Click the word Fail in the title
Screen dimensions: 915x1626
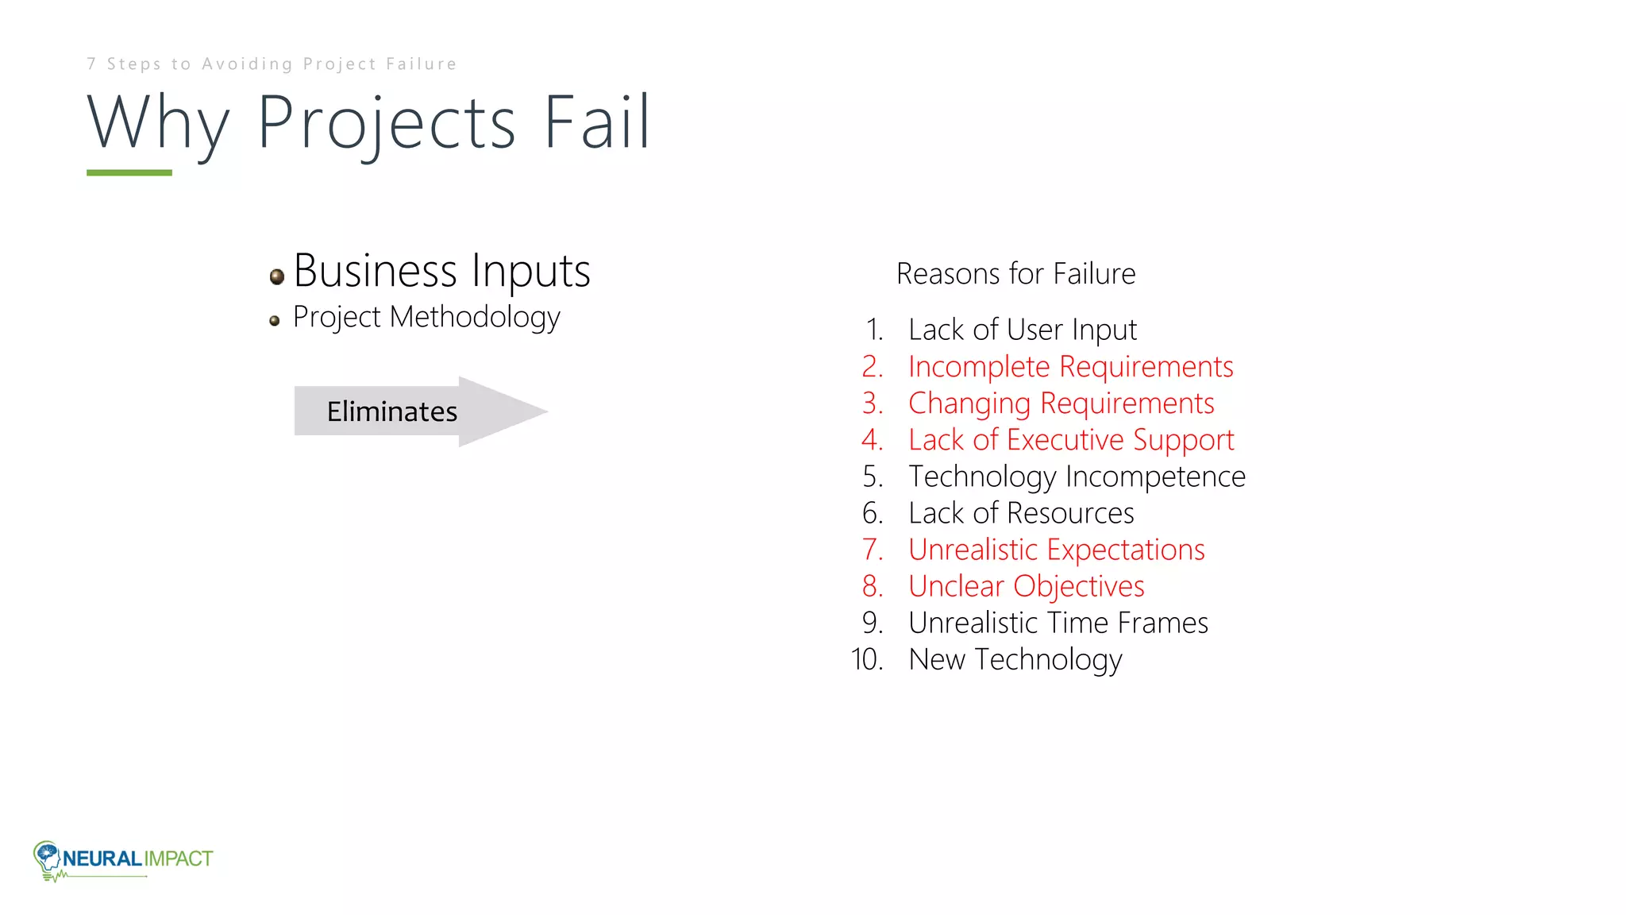coord(597,123)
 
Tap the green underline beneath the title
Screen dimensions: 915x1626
coord(129,172)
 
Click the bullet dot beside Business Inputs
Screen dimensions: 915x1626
coord(277,276)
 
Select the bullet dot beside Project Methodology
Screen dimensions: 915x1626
coord(275,321)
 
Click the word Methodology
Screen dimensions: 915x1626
coord(475,318)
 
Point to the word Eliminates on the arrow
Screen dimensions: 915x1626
coord(392,411)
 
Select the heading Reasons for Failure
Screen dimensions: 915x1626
coord(1015,274)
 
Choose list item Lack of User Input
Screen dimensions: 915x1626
coord(1023,330)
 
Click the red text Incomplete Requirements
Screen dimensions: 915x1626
coord(1070,367)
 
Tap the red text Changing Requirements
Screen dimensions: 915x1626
coord(1061,403)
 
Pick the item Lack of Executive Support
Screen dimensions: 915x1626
coord(1071,440)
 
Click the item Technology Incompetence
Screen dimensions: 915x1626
coord(1077,477)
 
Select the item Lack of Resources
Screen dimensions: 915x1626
coord(1021,513)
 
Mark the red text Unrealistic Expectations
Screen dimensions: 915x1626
coord(1056,550)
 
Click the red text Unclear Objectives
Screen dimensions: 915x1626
coord(1026,586)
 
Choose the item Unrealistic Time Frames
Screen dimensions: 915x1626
coord(1058,623)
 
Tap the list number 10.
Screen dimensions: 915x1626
coord(867,660)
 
